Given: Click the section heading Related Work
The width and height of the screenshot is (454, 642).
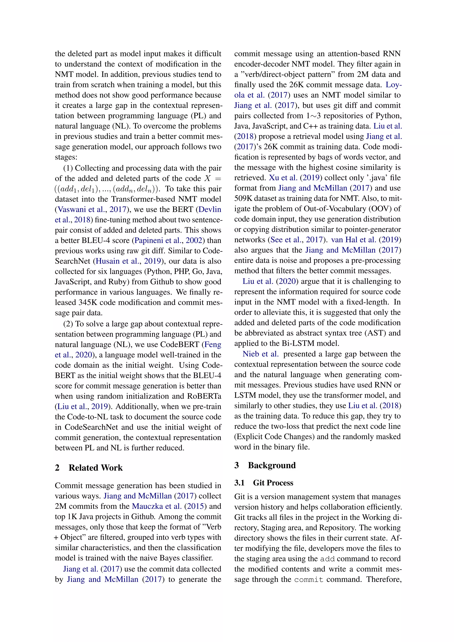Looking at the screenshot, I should click(95, 468).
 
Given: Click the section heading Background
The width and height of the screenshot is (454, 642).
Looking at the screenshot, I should click(272, 465).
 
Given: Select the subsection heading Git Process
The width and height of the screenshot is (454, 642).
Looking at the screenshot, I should click(273, 483).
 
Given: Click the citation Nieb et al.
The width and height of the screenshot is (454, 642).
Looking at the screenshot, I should click(260, 354).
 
